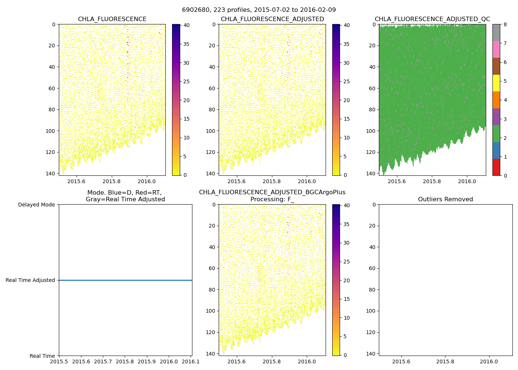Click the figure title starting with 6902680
click(x=259, y=10)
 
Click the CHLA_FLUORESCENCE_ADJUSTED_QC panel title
click(x=432, y=19)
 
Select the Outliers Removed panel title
click(x=445, y=199)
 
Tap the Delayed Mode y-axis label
click(x=36, y=205)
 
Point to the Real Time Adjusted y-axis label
click(x=30, y=280)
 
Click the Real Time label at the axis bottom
click(x=42, y=356)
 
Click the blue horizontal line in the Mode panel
click(x=125, y=280)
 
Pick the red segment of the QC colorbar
click(x=496, y=167)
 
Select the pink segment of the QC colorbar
click(x=496, y=49)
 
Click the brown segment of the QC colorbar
click(x=496, y=66)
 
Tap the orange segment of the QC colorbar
click(x=496, y=100)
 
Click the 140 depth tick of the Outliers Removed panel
click(x=371, y=353)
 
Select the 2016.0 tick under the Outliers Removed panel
click(x=489, y=361)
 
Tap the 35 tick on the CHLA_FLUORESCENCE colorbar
click(x=186, y=44)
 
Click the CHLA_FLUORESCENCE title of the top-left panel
click(x=112, y=19)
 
